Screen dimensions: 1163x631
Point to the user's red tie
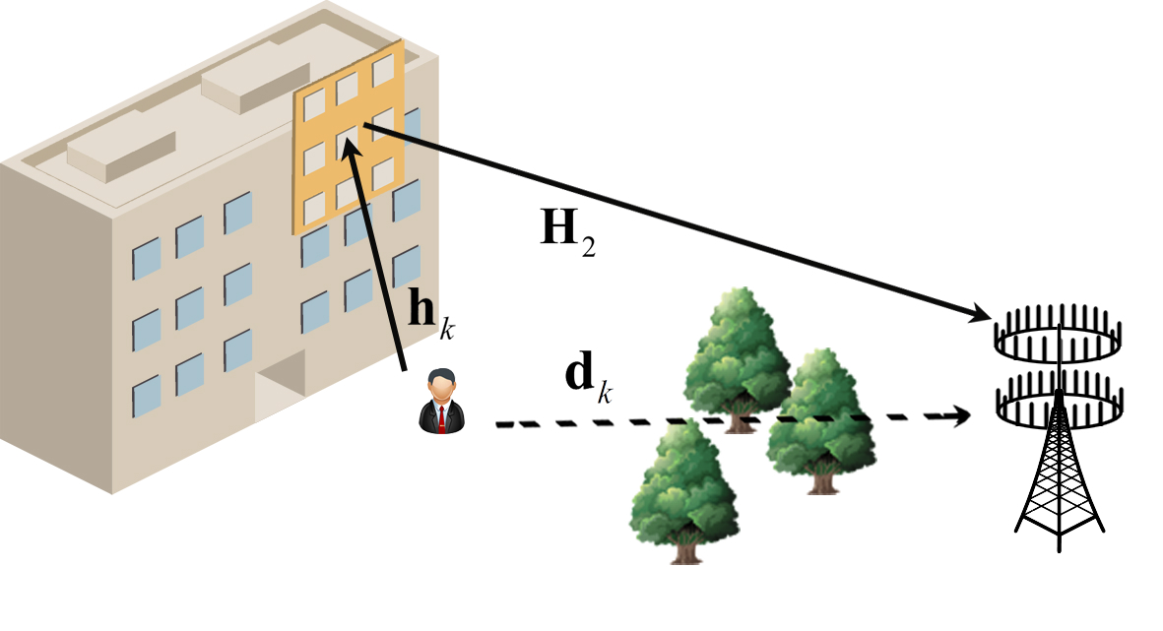click(x=442, y=418)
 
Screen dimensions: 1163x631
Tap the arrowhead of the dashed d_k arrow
click(x=962, y=414)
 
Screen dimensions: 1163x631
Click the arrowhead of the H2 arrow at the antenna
click(x=981, y=315)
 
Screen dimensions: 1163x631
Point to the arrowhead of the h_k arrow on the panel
click(x=347, y=145)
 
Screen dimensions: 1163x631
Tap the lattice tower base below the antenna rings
click(x=1060, y=482)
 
